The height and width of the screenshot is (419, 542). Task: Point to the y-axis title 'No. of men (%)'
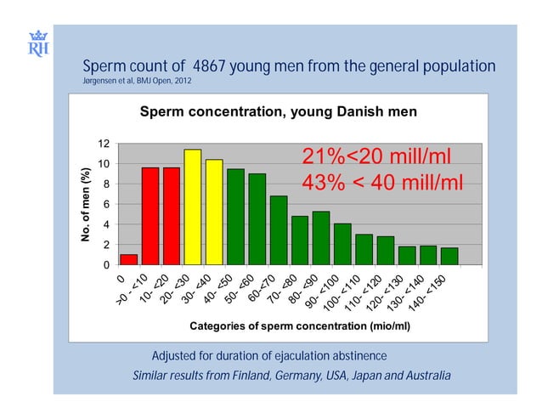[x=85, y=204]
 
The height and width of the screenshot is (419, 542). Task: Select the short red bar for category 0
[x=128, y=260]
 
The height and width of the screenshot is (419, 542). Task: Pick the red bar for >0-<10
[x=150, y=217]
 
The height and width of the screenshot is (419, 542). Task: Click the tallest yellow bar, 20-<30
[x=193, y=207]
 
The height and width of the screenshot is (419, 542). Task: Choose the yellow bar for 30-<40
[x=214, y=212]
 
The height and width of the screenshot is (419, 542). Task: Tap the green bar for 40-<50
[x=235, y=218]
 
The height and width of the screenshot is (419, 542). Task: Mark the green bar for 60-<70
[x=278, y=231]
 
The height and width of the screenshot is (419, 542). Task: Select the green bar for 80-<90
[x=320, y=239]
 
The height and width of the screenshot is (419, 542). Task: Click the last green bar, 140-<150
[x=449, y=257]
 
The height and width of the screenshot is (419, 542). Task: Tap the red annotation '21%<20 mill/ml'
[x=375, y=158]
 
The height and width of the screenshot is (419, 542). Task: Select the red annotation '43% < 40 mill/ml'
[x=381, y=184]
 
